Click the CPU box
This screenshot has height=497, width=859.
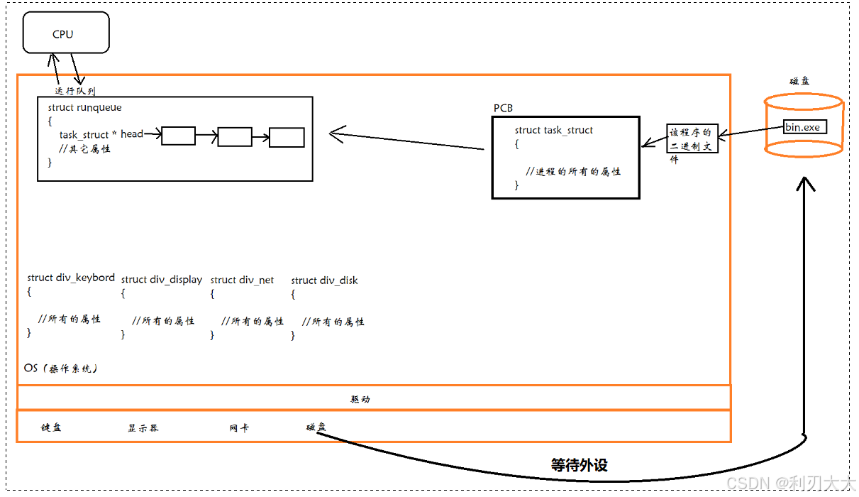point(66,34)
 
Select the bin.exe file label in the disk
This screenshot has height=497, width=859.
point(802,127)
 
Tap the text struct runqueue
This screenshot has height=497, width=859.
point(84,108)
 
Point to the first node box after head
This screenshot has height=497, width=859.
point(178,136)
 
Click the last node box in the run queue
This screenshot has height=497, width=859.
point(287,137)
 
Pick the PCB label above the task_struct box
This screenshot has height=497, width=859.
point(503,108)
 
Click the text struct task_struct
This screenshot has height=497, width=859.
point(553,130)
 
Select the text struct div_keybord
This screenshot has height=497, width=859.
point(71,278)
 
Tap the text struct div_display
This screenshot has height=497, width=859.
point(162,280)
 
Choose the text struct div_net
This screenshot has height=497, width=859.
point(242,280)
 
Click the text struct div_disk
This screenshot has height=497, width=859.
point(324,280)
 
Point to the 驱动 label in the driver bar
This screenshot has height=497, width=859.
point(360,399)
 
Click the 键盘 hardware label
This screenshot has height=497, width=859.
point(51,427)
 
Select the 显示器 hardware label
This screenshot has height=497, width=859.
point(143,428)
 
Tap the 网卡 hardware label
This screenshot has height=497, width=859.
point(239,428)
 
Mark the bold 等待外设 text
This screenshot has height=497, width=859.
point(579,466)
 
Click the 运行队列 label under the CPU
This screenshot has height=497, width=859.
point(75,91)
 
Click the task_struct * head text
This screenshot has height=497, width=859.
point(101,134)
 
